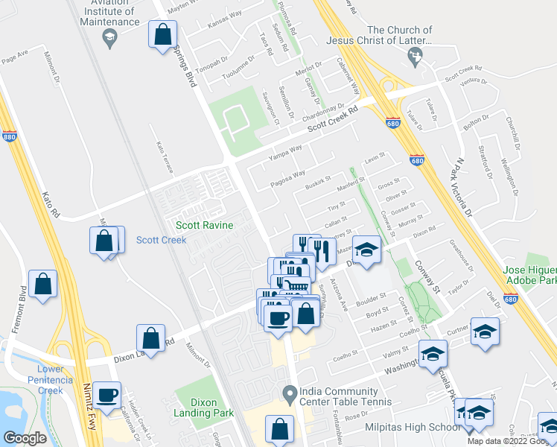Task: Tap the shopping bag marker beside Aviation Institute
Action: click(x=163, y=34)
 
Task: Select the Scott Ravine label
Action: click(x=204, y=225)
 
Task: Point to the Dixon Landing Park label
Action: click(x=204, y=408)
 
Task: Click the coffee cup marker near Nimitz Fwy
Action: click(x=107, y=395)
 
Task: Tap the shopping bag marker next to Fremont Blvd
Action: click(x=43, y=284)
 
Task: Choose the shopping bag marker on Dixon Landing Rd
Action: click(x=151, y=337)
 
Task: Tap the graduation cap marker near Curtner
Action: click(x=485, y=330)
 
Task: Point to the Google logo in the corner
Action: click(x=25, y=438)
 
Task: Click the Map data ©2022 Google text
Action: click(x=511, y=441)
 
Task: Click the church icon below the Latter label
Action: click(x=418, y=54)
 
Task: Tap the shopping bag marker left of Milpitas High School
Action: click(x=280, y=430)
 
